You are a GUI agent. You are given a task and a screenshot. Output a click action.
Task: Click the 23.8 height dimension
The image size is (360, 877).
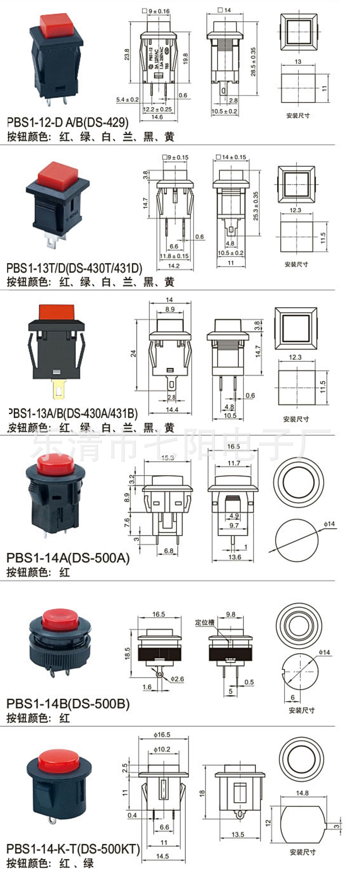(x=127, y=55)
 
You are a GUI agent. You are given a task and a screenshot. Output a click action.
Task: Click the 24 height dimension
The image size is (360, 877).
(x=134, y=353)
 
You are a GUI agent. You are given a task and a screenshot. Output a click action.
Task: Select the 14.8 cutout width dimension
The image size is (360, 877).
(x=302, y=793)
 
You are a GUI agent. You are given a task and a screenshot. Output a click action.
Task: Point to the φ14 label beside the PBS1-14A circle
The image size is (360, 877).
(x=329, y=524)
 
